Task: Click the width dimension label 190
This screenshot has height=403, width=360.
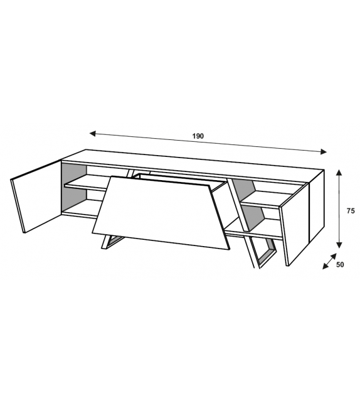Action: point(199,136)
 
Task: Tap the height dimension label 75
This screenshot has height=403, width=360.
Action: point(350,211)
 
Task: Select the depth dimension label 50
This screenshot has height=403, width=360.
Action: point(340,265)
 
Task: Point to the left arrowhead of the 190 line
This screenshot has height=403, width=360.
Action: point(93,134)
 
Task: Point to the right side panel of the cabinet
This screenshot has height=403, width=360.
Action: point(317,210)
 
